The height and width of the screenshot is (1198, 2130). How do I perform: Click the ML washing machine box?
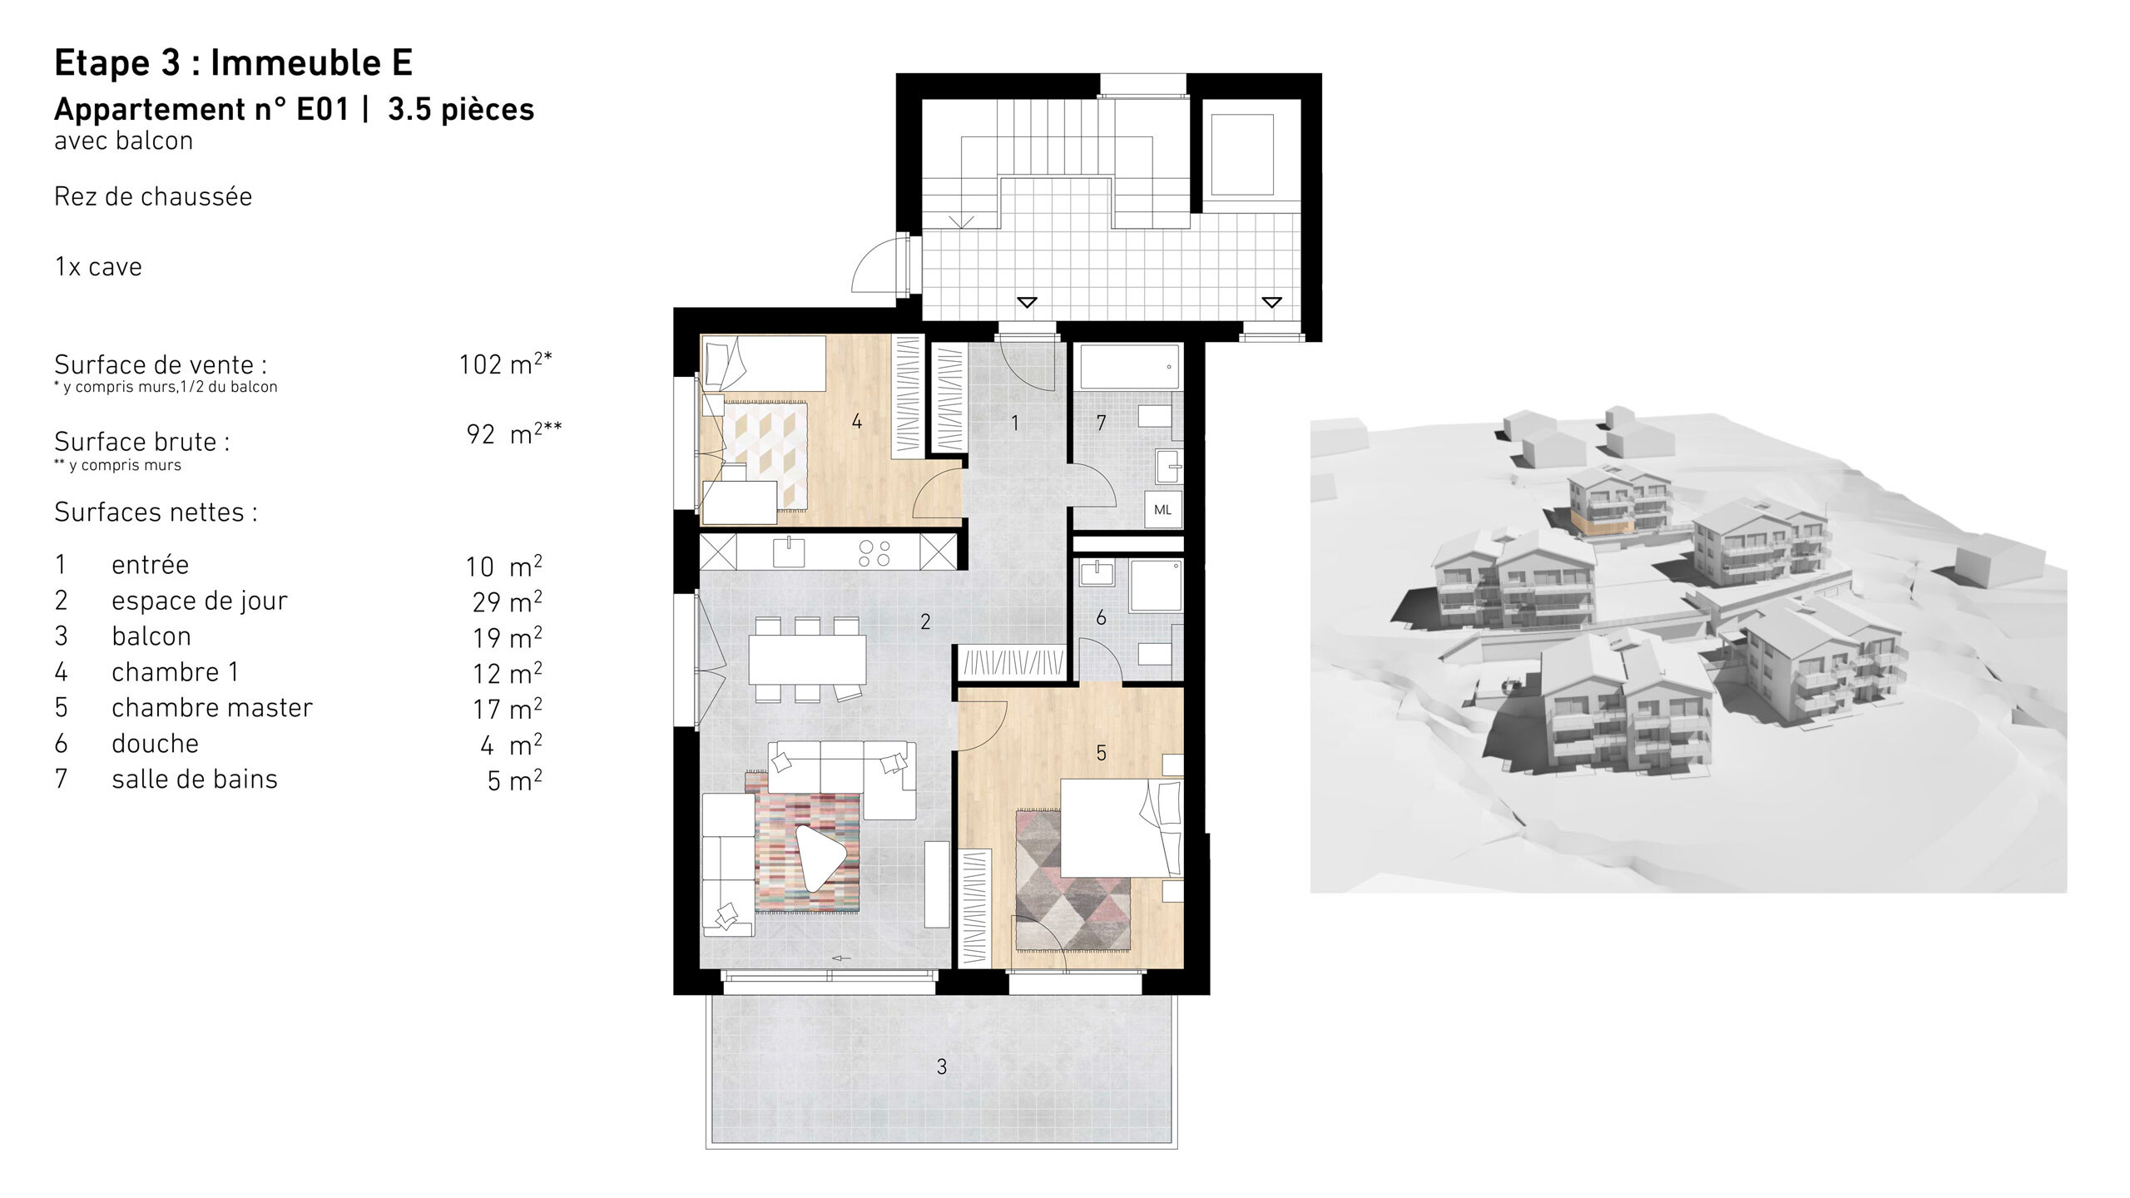pyautogui.click(x=1162, y=510)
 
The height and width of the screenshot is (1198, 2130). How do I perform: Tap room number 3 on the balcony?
pyautogui.click(x=941, y=1067)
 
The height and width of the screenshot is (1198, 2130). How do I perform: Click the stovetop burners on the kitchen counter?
pyautogui.click(x=874, y=553)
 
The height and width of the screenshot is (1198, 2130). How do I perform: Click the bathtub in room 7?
pyautogui.click(x=1130, y=367)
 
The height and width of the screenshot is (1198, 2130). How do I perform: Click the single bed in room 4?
pyautogui.click(x=764, y=363)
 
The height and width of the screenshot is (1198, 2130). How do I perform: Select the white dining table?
pyautogui.click(x=806, y=659)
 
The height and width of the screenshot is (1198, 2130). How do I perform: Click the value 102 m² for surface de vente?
pyautogui.click(x=504, y=364)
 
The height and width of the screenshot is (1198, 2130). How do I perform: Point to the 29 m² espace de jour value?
pyautogui.click(x=507, y=601)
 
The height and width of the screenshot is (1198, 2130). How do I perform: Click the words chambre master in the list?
pyautogui.click(x=211, y=708)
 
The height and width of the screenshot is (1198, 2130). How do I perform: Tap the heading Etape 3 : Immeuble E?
pyautogui.click(x=233, y=63)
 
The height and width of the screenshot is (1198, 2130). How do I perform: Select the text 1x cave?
pyautogui.click(x=98, y=267)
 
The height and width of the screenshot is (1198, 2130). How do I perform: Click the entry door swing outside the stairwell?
pyautogui.click(x=875, y=265)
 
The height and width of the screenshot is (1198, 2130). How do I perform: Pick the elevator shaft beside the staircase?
pyautogui.click(x=1241, y=155)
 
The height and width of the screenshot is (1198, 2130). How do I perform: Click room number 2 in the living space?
pyautogui.click(x=925, y=621)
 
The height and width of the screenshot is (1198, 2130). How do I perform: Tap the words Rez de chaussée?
pyautogui.click(x=153, y=197)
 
